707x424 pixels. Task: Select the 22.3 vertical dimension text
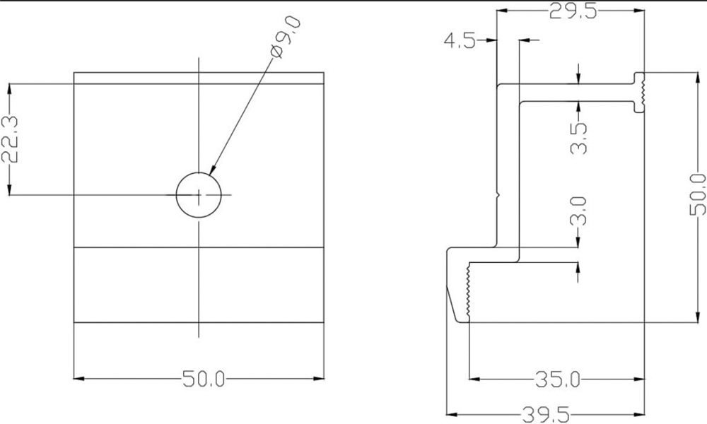coord(10,139)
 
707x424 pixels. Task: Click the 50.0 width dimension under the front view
coord(204,379)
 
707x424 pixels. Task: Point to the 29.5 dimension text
coord(573,11)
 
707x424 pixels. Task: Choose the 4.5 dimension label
coord(460,41)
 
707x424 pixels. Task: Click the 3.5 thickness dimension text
coord(579,139)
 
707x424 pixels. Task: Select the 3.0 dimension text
coord(578,211)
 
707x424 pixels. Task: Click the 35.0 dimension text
coord(558,379)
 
